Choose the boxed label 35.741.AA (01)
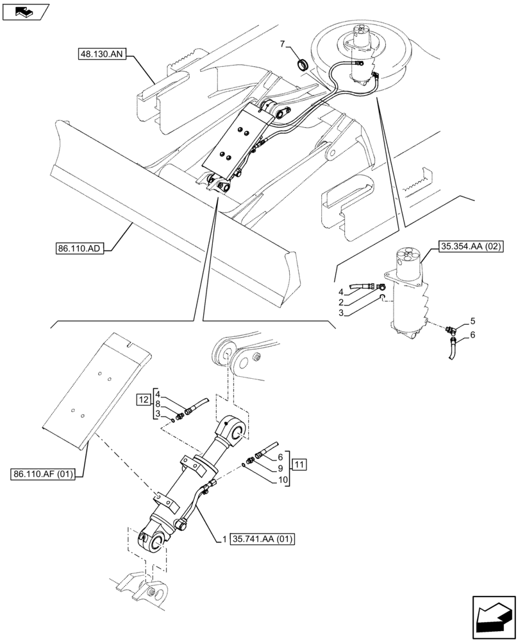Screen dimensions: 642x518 coord(261,539)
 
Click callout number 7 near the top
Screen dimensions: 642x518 coord(282,43)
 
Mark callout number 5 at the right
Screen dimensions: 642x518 coord(472,320)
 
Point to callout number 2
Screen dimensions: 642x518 coord(342,302)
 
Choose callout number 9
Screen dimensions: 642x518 coord(280,468)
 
